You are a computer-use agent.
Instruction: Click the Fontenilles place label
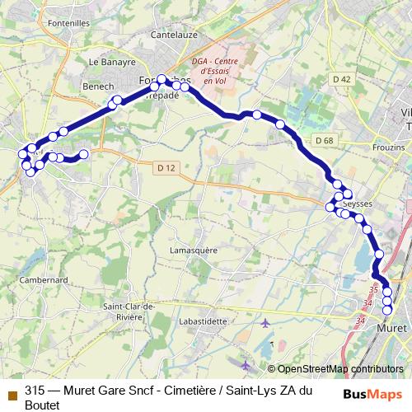click(69, 24)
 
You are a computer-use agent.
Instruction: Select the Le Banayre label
click(110, 61)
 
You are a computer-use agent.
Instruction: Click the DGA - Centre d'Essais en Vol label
click(213, 72)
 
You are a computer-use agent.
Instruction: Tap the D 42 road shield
click(342, 79)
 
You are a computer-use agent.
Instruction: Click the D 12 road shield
click(166, 168)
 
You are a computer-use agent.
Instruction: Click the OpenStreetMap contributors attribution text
click(340, 346)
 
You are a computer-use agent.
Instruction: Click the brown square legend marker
click(12, 371)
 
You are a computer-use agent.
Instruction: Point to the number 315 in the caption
click(34, 370)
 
